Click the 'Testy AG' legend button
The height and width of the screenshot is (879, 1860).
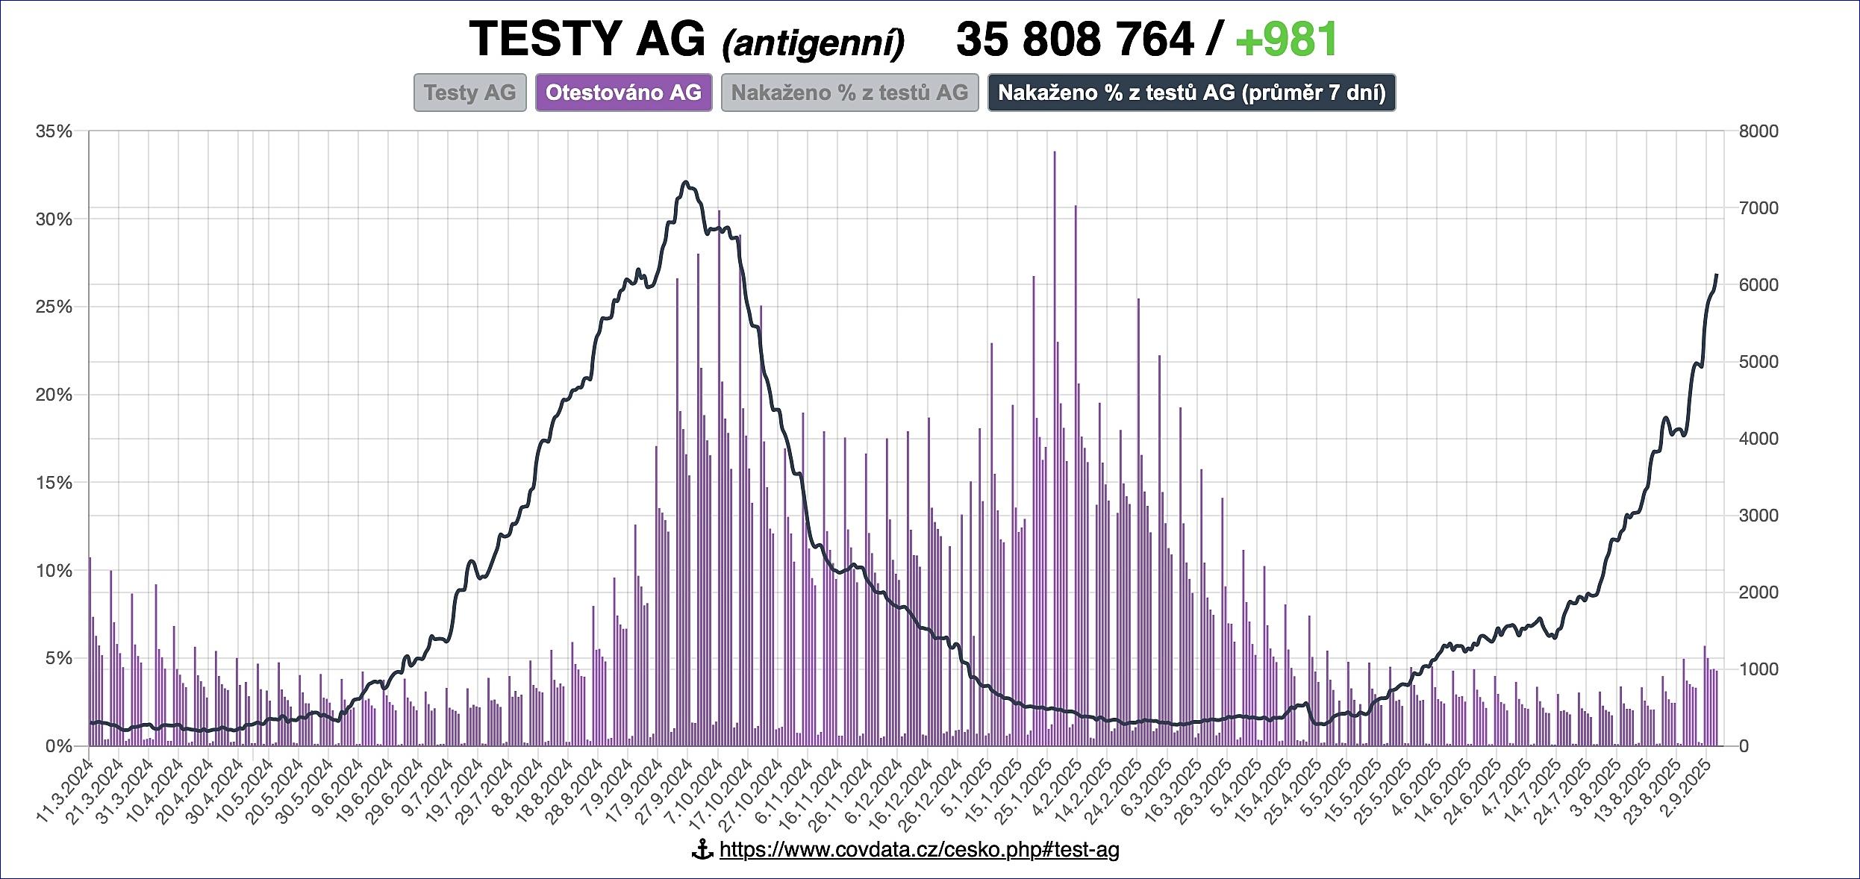(470, 93)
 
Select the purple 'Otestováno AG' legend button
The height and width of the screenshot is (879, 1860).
(623, 93)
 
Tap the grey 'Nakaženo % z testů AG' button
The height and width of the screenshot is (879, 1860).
(849, 93)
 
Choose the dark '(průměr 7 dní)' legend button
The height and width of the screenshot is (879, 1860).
(1191, 93)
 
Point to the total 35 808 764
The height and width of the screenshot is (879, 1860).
(1075, 39)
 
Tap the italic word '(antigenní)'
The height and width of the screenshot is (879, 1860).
(813, 43)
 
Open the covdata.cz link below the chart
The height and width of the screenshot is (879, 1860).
(919, 849)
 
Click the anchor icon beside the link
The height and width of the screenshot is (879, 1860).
(702, 849)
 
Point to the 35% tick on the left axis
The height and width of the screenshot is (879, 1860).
(54, 131)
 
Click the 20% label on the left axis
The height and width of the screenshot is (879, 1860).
(54, 395)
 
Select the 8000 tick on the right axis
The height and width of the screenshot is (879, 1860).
(1758, 131)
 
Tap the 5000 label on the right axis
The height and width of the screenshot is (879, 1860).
(1758, 362)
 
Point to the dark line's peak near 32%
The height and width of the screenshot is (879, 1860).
(686, 182)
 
